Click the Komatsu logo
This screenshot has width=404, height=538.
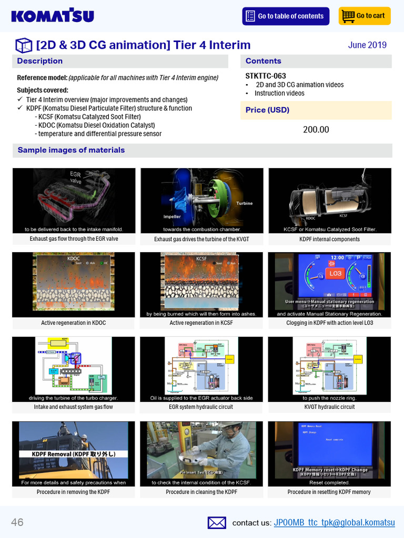(x=53, y=16)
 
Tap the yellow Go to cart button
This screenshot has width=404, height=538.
(x=365, y=16)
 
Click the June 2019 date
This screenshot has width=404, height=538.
(x=367, y=45)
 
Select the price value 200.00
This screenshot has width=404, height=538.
(x=316, y=130)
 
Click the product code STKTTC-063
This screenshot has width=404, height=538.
(x=266, y=76)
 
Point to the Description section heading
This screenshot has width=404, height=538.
(x=40, y=61)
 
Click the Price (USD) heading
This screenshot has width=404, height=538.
(x=267, y=110)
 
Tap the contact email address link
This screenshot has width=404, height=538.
(x=334, y=522)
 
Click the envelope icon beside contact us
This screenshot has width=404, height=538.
(x=217, y=522)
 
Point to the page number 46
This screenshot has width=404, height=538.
(x=17, y=522)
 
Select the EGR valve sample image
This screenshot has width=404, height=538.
(x=74, y=200)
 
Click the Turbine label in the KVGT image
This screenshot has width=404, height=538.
(x=244, y=203)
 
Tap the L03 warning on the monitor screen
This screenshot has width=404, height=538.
(x=335, y=273)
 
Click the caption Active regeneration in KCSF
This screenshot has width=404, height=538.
(x=201, y=323)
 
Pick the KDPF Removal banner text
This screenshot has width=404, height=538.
(x=73, y=454)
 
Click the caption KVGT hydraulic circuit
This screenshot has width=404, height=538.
(x=329, y=407)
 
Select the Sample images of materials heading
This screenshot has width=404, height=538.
(x=71, y=150)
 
